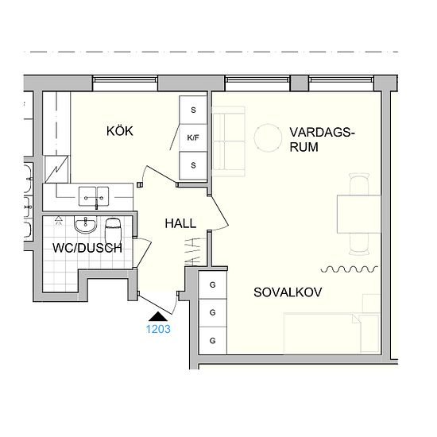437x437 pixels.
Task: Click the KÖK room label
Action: pyautogui.click(x=120, y=131)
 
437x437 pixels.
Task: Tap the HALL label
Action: pyautogui.click(x=180, y=223)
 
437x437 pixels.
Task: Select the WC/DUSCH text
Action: pyautogui.click(x=87, y=248)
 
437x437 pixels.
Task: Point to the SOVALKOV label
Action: pyautogui.click(x=288, y=292)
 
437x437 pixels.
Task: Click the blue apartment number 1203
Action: pyautogui.click(x=158, y=329)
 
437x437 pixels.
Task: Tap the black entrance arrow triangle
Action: pyautogui.click(x=158, y=316)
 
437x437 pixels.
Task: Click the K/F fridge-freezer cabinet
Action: pyautogui.click(x=193, y=137)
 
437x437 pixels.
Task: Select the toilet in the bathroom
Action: pyautogui.click(x=113, y=230)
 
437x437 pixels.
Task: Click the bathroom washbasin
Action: pyautogui.click(x=86, y=225)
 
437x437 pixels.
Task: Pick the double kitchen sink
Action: pyautogui.click(x=94, y=196)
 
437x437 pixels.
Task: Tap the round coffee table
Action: pyautogui.click(x=268, y=137)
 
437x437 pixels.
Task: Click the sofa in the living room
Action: pyautogui.click(x=229, y=141)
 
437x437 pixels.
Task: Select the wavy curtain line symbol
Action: pyautogui.click(x=350, y=269)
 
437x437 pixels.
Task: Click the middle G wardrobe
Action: pyautogui.click(x=212, y=313)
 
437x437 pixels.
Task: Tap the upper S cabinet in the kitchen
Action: pyautogui.click(x=193, y=110)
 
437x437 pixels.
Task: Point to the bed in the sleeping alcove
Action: pyautogui.click(x=331, y=334)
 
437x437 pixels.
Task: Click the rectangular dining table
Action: pyautogui.click(x=358, y=214)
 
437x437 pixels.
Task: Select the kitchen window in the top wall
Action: pyautogui.click(x=125, y=80)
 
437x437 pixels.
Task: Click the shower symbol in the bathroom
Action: pyautogui.click(x=58, y=220)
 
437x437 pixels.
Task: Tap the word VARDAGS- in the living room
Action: pyautogui.click(x=322, y=132)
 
